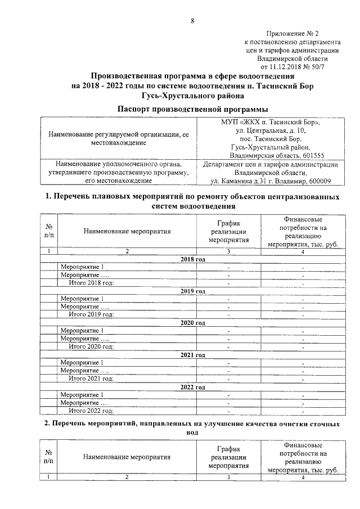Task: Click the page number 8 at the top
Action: pos(192,21)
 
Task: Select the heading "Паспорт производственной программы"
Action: pos(192,108)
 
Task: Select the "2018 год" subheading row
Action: pos(192,259)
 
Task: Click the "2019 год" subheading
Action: pos(192,291)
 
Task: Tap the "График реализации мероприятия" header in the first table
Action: pos(229,231)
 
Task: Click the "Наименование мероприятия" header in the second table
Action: pos(127,457)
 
